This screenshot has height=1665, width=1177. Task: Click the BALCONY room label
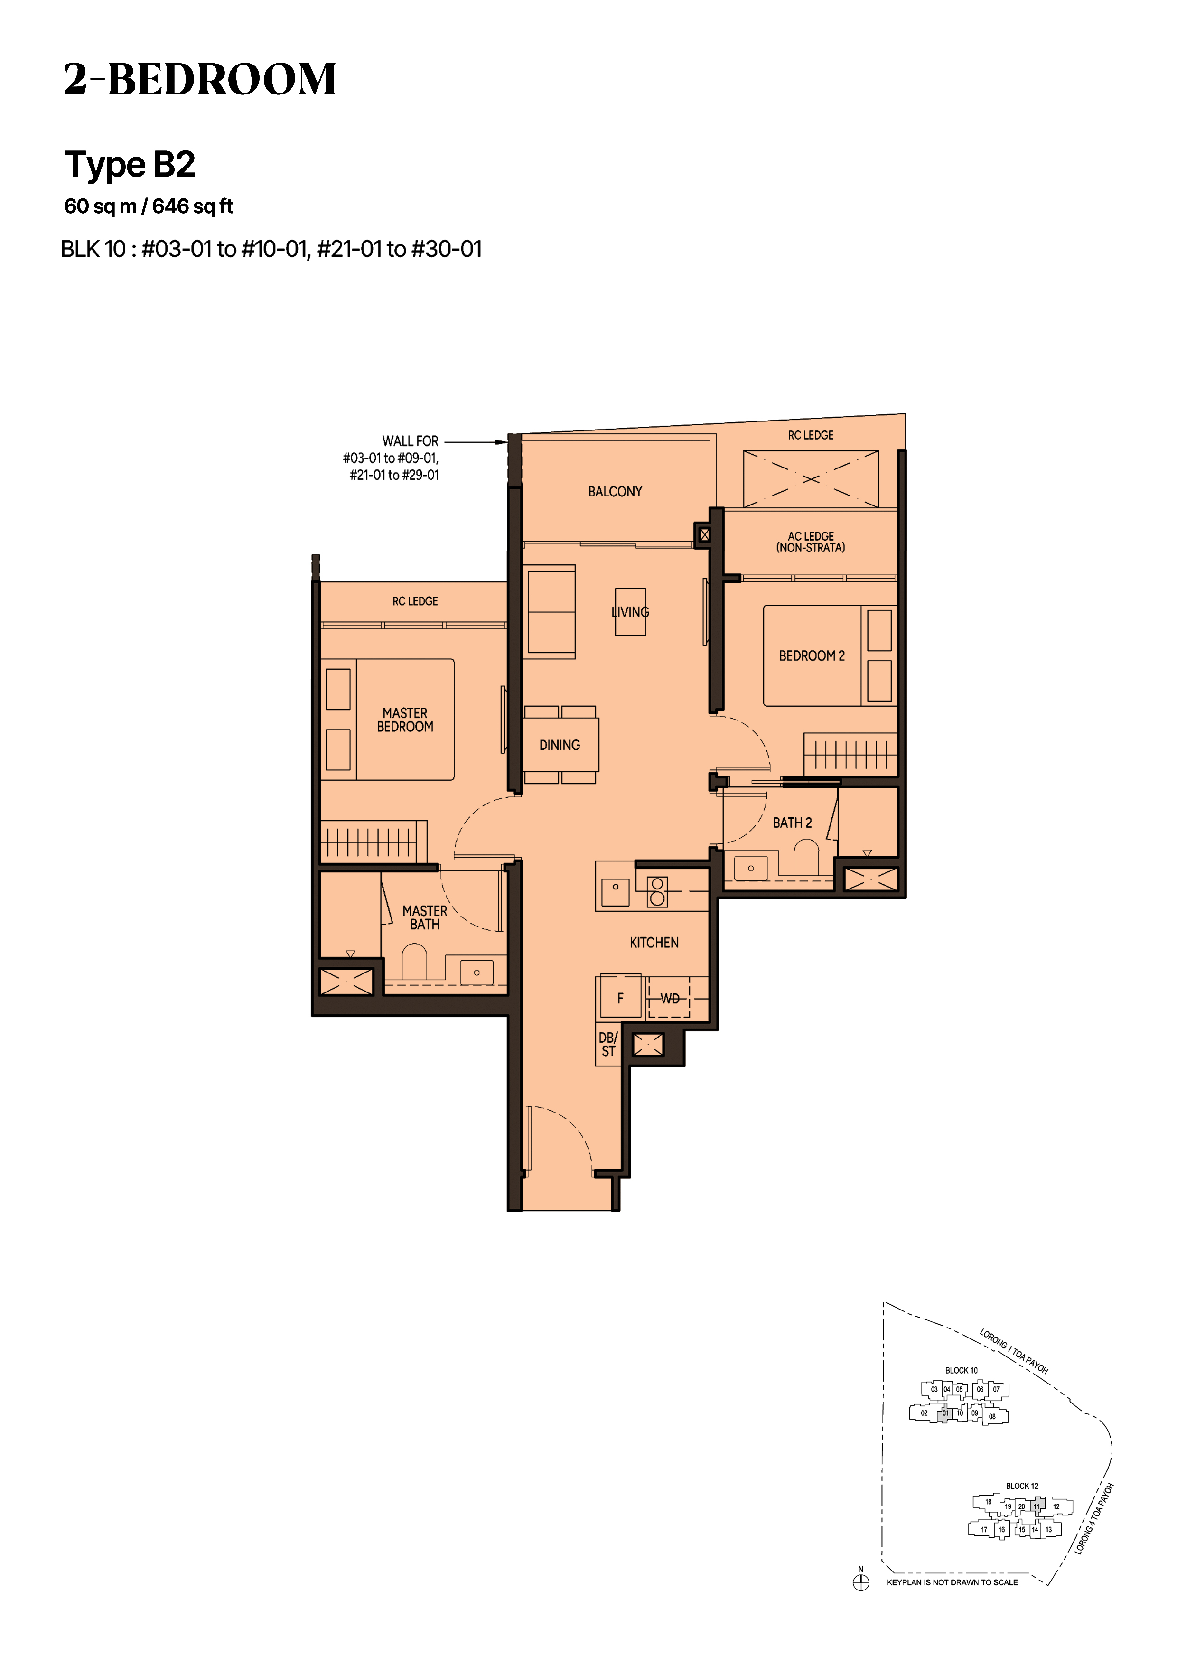[x=615, y=492]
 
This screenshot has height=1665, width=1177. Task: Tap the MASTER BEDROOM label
[x=405, y=720]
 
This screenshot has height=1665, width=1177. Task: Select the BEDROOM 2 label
[x=812, y=655]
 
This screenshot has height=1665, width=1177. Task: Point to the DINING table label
[x=559, y=745]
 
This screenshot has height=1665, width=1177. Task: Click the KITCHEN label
[x=654, y=943]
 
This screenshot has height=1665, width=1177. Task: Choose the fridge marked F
[x=620, y=998]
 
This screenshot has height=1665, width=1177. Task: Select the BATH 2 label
[x=792, y=823]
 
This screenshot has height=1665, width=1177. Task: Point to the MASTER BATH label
[x=424, y=917]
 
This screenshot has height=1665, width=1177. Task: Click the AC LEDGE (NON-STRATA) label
[x=811, y=542]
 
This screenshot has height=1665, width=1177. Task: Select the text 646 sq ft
[x=192, y=206]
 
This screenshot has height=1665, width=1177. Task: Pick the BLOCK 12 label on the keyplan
[x=1022, y=1486]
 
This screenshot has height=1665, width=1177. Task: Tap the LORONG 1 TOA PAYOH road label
[x=1014, y=1352]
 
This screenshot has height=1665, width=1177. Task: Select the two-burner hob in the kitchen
[x=657, y=891]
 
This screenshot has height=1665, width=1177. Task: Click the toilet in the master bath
[x=414, y=960]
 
